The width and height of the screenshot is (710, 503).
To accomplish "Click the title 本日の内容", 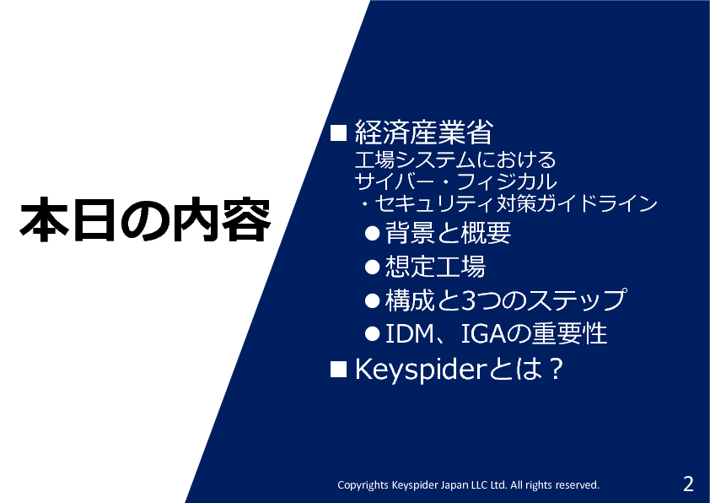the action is tap(145, 219).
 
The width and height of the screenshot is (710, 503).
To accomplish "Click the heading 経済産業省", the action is tap(424, 133).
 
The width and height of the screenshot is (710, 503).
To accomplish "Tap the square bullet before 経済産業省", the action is tap(338, 133).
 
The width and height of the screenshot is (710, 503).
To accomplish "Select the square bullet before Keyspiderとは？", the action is tap(338, 369).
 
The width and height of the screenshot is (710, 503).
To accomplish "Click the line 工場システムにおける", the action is tap(455, 160).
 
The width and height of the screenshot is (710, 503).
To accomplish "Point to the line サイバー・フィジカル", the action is tap(455, 181).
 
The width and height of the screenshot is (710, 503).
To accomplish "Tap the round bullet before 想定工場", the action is tap(372, 267).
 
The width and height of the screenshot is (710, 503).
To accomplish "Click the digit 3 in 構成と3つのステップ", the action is tap(468, 300).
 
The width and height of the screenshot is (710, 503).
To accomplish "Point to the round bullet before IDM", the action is tap(372, 334).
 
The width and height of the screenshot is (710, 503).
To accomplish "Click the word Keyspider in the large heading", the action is tap(420, 370).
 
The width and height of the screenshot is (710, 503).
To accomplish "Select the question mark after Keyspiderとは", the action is tap(554, 369).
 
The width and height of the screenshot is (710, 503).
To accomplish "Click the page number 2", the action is tap(688, 484).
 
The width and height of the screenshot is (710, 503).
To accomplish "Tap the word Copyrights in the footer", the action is tap(363, 485).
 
